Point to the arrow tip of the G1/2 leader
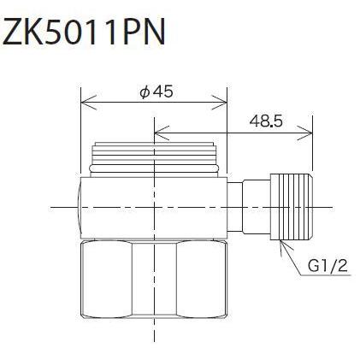281,244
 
